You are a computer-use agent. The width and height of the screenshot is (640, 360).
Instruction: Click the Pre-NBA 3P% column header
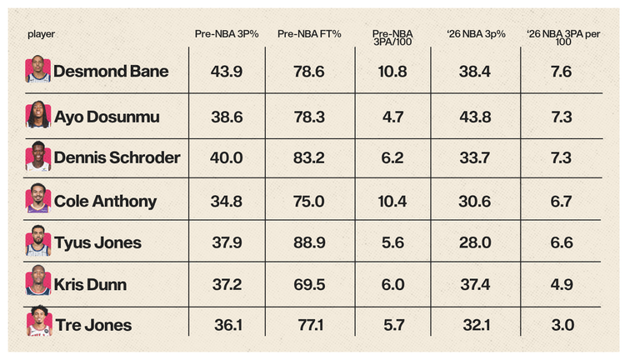[227, 34]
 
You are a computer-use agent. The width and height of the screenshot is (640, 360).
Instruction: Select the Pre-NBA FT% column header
[309, 34]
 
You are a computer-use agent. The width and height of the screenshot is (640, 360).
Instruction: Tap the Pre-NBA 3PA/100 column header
[392, 37]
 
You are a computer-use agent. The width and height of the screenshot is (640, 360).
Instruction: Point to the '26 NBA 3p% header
[476, 34]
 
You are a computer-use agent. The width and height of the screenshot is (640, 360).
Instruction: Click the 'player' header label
[41, 34]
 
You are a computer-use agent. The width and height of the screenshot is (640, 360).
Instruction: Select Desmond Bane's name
[111, 72]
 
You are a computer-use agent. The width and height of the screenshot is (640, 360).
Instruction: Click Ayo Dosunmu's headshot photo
[38, 115]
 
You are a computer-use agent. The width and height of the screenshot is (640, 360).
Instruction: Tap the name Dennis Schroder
[117, 157]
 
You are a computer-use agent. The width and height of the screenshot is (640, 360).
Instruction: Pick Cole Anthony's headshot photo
[38, 198]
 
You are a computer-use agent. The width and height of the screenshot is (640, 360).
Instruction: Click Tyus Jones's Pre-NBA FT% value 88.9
[309, 242]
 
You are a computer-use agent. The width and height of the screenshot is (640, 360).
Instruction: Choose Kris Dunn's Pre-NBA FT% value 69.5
[309, 284]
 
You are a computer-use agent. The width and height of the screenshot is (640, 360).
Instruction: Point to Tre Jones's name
[93, 325]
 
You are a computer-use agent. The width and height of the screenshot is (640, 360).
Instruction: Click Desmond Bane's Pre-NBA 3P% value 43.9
[227, 72]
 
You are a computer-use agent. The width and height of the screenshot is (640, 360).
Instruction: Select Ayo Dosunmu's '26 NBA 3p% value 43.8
[475, 117]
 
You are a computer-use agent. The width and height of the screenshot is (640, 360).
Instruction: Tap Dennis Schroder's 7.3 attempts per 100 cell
[561, 158]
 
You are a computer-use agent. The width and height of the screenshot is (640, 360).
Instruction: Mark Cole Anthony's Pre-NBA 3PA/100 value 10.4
[392, 201]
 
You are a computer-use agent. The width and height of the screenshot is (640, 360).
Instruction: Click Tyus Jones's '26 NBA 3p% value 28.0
[475, 242]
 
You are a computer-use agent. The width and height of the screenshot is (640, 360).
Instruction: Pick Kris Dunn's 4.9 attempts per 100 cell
[562, 284]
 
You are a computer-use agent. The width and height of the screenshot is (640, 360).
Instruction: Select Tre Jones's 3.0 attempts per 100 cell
[562, 325]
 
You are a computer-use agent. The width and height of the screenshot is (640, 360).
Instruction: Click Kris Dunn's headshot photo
[38, 280]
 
